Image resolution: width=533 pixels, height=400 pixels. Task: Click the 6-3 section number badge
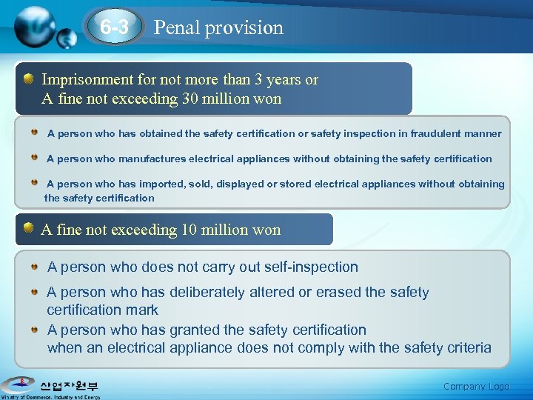click(115, 27)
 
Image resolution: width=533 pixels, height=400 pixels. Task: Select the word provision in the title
click(244, 27)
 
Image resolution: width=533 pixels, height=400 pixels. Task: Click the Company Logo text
click(476, 386)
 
